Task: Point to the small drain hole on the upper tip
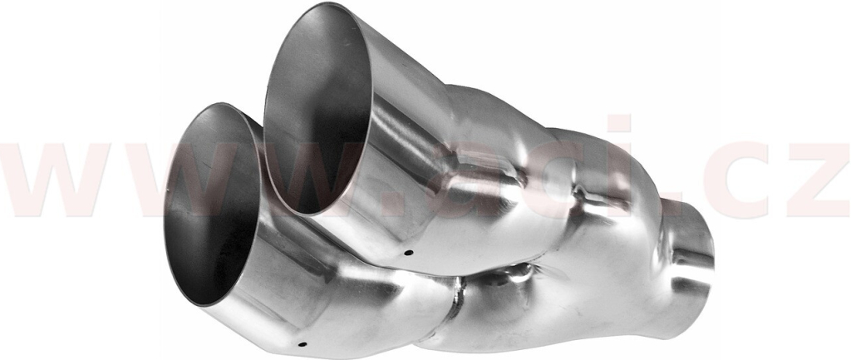pos(408,253)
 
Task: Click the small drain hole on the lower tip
pos(303,344)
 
